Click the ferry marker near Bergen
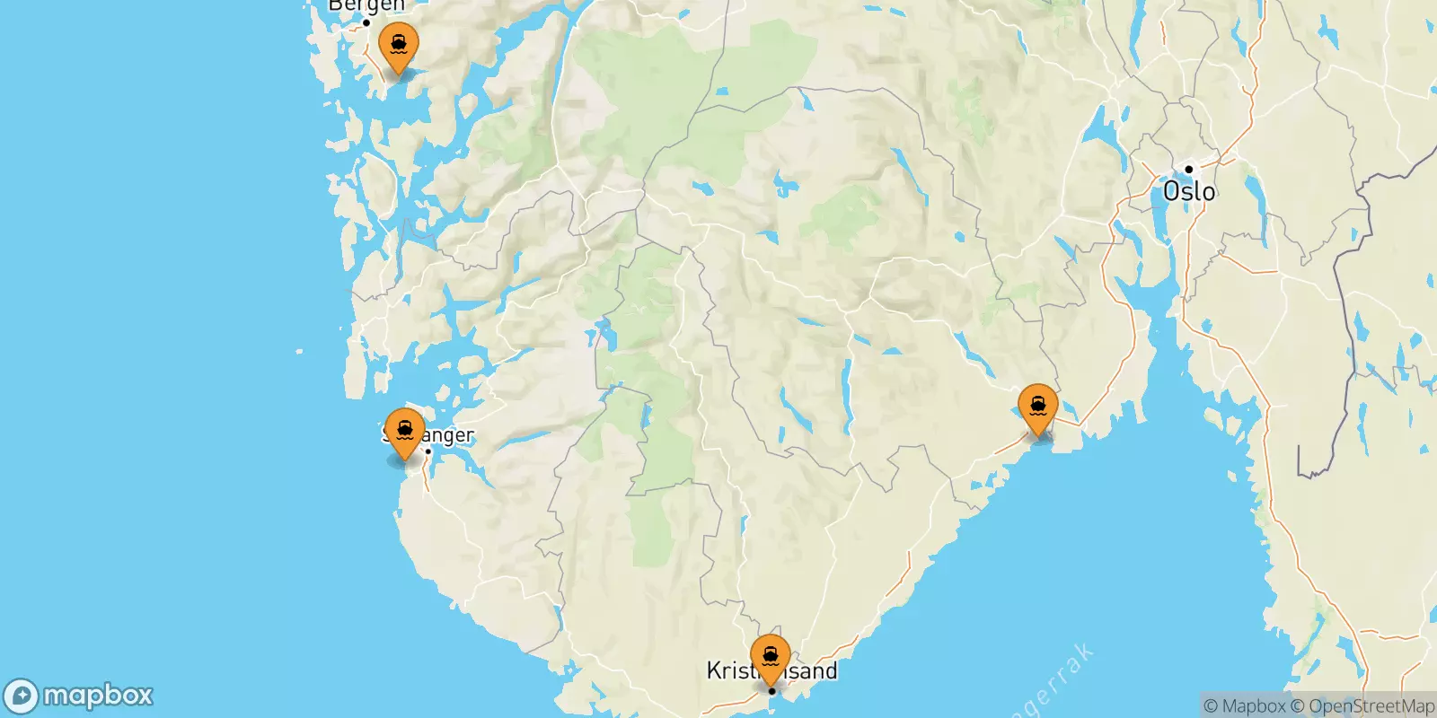(x=398, y=46)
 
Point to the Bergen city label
(x=366, y=6)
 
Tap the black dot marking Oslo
(x=1188, y=169)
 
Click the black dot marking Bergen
(x=366, y=22)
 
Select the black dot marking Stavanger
(x=428, y=451)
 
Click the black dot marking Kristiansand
(x=771, y=691)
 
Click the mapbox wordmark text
(x=98, y=696)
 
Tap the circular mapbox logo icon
(x=22, y=696)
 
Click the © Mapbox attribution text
(x=1244, y=706)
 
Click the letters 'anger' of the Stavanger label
(x=450, y=436)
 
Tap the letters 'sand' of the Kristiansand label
(x=814, y=670)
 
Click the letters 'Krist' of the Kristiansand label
(x=729, y=670)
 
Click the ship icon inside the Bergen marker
(x=398, y=41)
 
